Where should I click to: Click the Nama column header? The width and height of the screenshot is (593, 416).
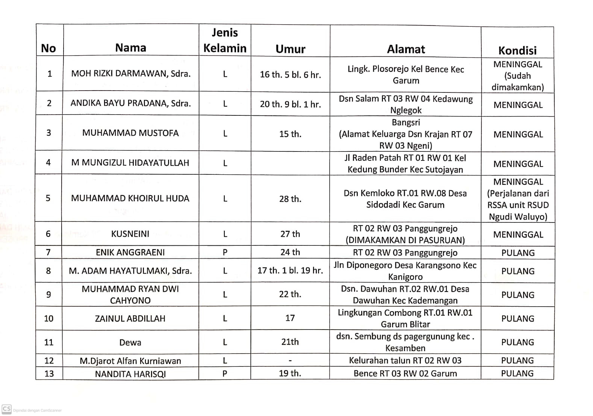[130, 48]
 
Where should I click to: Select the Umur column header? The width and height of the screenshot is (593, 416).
[290, 49]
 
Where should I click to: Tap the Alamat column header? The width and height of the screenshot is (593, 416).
[406, 49]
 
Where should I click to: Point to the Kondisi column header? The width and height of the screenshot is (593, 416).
[517, 50]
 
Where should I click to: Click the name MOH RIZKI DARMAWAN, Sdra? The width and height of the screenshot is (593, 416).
[131, 74]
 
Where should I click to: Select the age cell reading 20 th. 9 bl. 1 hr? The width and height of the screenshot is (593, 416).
[290, 104]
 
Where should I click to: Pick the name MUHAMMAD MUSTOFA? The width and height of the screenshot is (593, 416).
[130, 133]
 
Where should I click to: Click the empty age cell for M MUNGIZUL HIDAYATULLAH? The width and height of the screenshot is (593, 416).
[290, 163]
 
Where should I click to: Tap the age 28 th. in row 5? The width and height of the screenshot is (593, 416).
[290, 199]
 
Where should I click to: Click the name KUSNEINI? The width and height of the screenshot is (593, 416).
[130, 234]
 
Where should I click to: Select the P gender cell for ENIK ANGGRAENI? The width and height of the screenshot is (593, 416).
[225, 253]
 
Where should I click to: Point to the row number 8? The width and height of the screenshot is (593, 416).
[48, 271]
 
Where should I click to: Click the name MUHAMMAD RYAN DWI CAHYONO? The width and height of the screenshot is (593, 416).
[130, 295]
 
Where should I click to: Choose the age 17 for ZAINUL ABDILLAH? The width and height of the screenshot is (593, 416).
[290, 318]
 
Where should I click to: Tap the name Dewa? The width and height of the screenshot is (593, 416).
[130, 342]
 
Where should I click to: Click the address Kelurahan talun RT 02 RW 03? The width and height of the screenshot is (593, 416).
[405, 361]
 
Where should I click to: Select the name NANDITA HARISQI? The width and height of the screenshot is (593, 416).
[130, 374]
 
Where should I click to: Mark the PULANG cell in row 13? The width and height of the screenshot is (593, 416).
[517, 374]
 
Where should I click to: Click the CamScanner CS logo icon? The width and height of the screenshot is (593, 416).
[6, 409]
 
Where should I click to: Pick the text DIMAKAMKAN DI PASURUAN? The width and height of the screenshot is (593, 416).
[405, 240]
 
